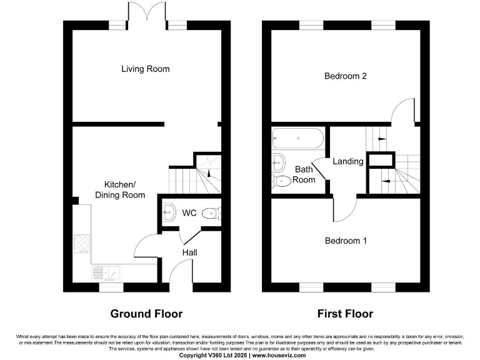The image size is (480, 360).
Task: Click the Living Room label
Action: click(x=145, y=69)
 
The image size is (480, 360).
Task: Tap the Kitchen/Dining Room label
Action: click(x=119, y=189)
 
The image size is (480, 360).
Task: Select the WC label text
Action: click(x=189, y=213)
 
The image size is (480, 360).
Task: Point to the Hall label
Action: click(x=189, y=252)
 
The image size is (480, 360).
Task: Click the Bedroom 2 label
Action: click(x=345, y=76)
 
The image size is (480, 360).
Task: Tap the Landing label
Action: click(x=347, y=161)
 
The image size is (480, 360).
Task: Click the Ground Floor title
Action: click(x=146, y=314)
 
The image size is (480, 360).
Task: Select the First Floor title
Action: click(x=345, y=314)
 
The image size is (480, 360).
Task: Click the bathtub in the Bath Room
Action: click(x=297, y=138)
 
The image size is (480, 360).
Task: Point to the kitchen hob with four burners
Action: click(x=81, y=243)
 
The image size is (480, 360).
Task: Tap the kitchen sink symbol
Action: click(x=107, y=272)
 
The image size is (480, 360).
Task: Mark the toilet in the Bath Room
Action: click(x=281, y=181)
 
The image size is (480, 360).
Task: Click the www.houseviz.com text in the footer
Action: click(x=279, y=355)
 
